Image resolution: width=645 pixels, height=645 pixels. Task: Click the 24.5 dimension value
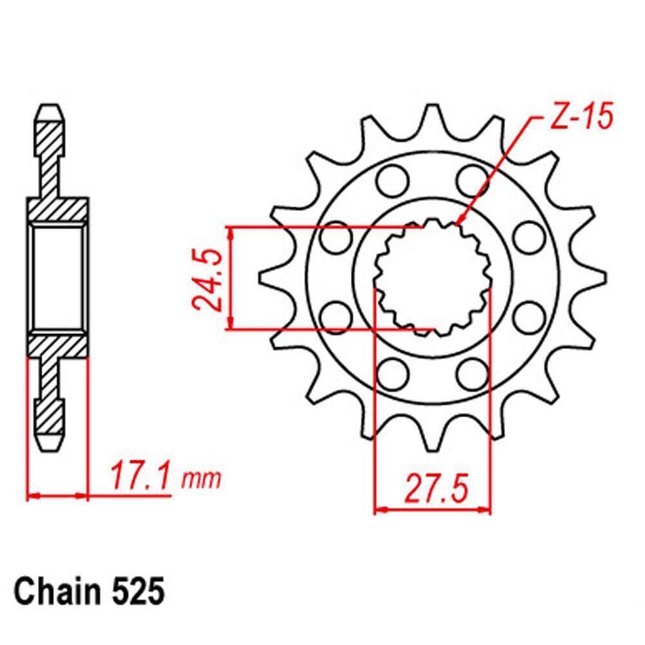click(x=207, y=279)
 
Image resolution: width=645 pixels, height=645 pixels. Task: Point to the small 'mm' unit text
click(x=201, y=480)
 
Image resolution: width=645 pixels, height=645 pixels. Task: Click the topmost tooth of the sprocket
click(x=432, y=117)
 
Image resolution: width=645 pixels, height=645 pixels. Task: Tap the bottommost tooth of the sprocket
click(x=432, y=439)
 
